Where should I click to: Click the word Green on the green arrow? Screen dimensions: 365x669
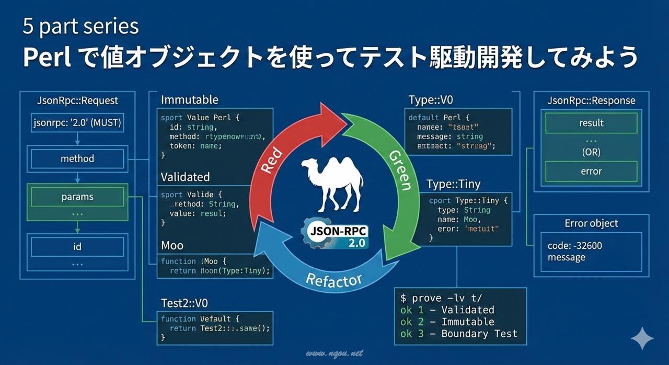399,170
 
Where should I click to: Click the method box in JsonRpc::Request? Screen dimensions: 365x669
77,158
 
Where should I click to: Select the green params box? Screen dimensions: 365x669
77,197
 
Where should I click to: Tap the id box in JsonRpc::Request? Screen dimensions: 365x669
77,246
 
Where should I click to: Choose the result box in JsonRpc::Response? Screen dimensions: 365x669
591,123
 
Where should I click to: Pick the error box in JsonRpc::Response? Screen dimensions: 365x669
591,171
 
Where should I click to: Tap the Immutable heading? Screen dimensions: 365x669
190,99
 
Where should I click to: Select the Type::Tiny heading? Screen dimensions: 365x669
453,184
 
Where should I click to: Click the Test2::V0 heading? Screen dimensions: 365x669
185,303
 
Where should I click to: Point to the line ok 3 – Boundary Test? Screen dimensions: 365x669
458,334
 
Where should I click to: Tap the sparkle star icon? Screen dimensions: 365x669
642,339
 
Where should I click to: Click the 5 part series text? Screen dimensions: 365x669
80,27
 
